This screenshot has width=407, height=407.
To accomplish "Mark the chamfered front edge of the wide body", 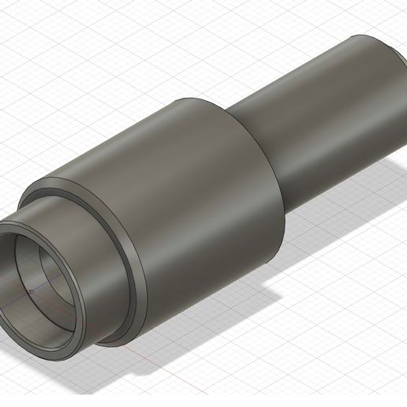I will [x=126, y=260].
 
